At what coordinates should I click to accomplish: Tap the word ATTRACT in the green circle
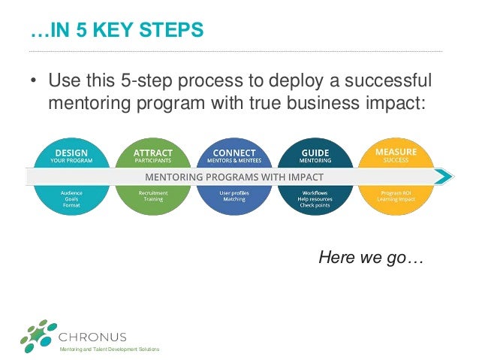(153, 152)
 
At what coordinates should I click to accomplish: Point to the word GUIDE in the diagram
(315, 152)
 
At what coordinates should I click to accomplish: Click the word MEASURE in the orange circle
(396, 152)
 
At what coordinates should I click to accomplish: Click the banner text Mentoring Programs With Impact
(234, 177)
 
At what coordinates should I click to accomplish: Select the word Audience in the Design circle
(72, 193)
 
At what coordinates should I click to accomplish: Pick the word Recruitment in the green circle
(153, 193)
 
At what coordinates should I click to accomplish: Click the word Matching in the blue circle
(234, 199)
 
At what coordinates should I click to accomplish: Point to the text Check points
(315, 205)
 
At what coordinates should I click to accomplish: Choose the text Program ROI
(396, 193)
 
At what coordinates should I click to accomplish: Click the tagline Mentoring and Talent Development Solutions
(110, 351)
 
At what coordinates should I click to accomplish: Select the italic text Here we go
(372, 258)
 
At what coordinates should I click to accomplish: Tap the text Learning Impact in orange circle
(396, 199)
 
